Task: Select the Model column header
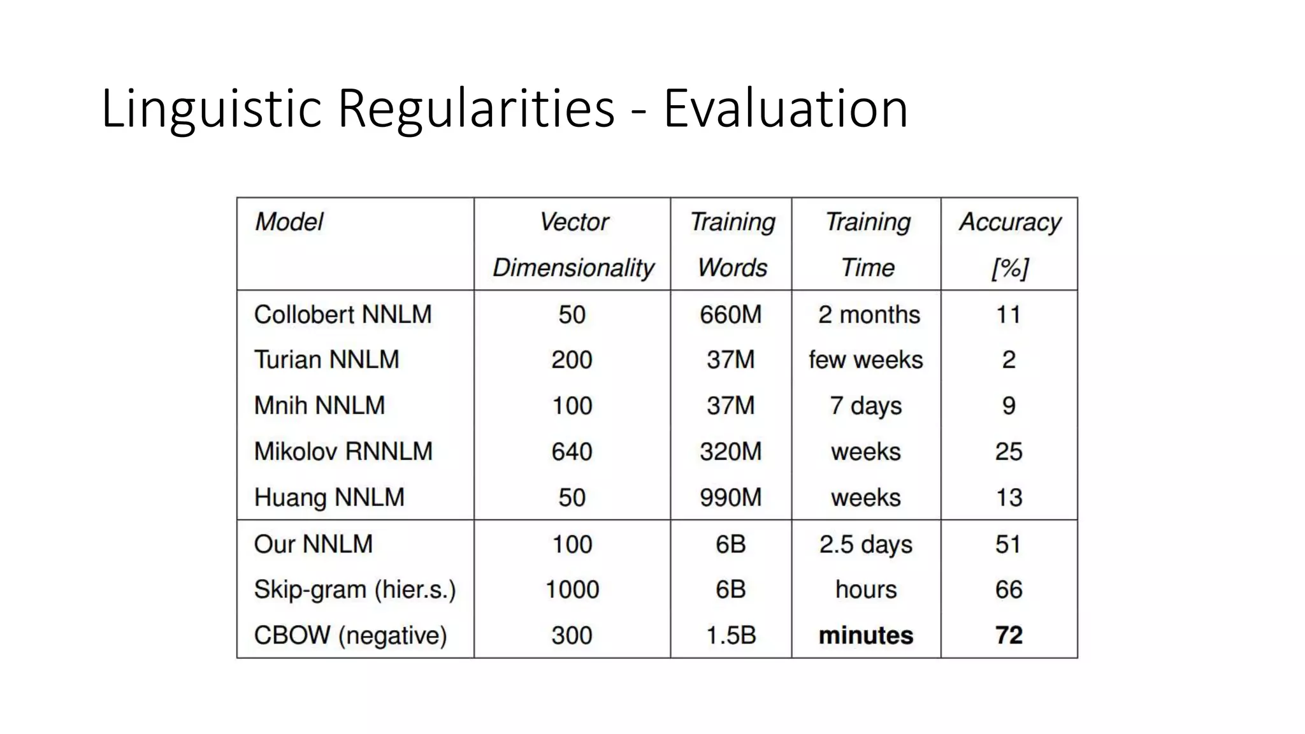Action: (289, 222)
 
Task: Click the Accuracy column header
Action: (1009, 222)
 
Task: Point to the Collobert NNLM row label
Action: (343, 315)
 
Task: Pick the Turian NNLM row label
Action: (326, 360)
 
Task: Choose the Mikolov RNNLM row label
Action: (343, 452)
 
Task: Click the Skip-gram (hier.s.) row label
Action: (354, 590)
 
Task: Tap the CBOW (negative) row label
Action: (350, 635)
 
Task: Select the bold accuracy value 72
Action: (1009, 635)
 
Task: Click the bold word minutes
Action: (866, 635)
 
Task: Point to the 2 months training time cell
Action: (869, 315)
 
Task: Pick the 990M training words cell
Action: (730, 498)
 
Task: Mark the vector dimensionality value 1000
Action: (572, 590)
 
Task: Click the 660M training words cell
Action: (730, 315)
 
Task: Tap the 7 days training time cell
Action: (866, 406)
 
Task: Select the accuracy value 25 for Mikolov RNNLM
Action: (1009, 452)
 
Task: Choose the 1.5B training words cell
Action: (731, 635)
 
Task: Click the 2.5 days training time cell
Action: (866, 545)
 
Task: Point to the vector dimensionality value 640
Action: (572, 452)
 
